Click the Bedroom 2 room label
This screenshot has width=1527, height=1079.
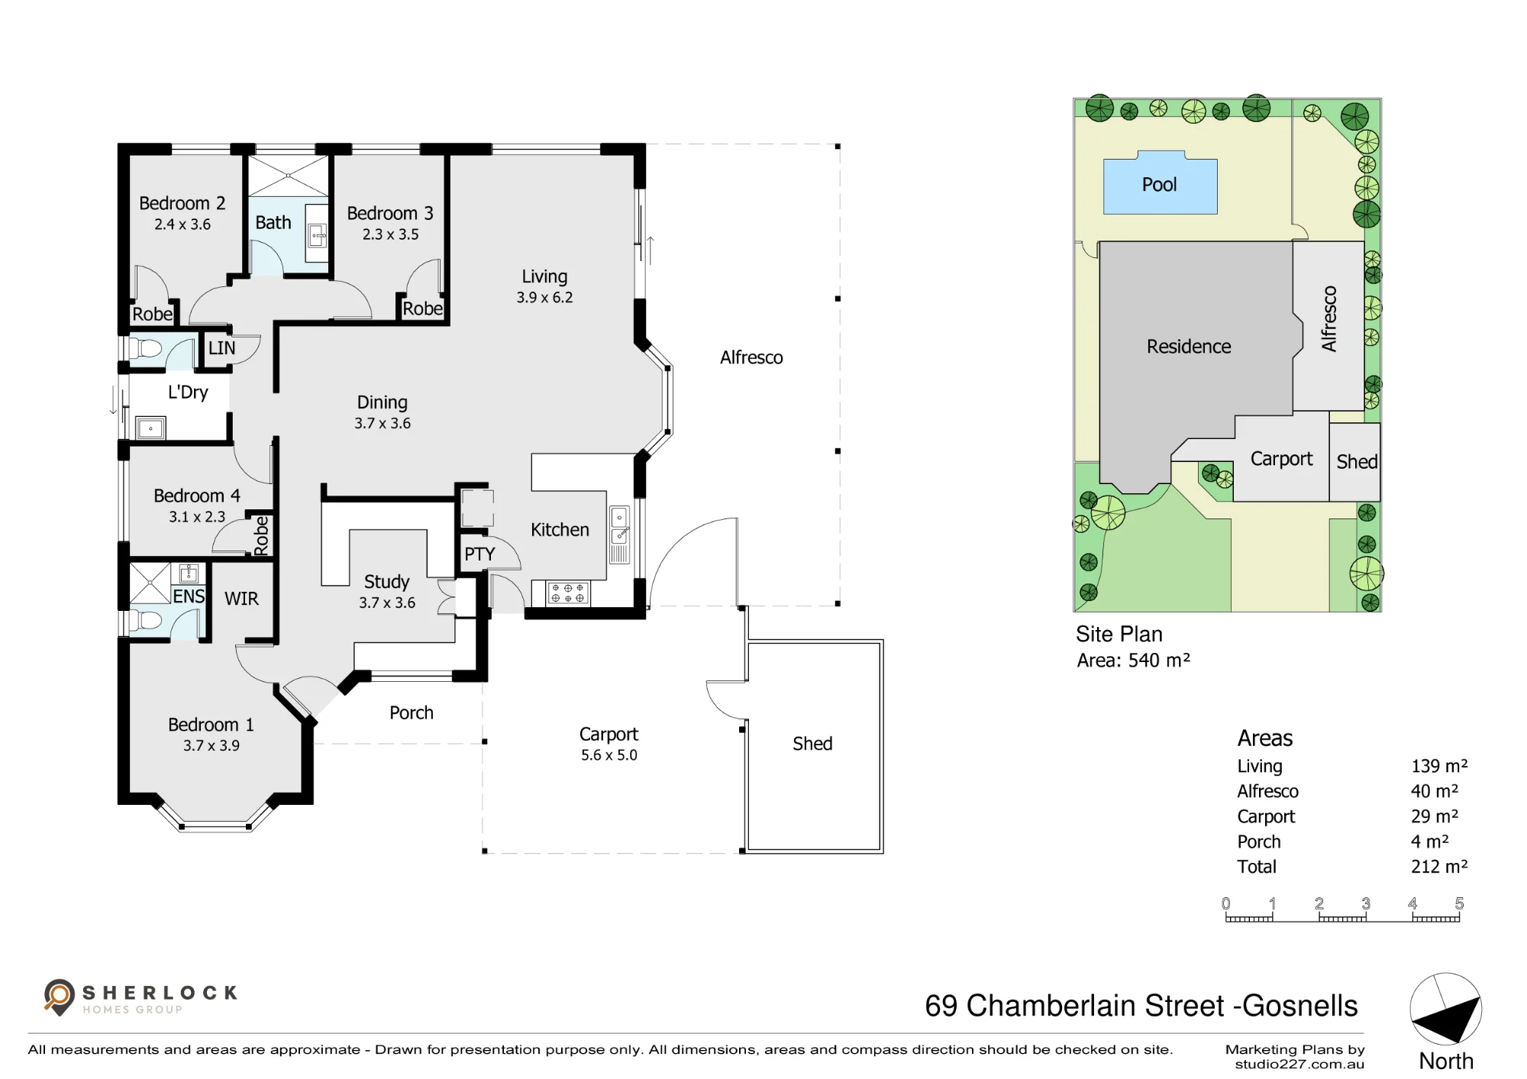click(182, 203)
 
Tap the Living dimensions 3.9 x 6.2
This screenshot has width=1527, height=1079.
click(544, 298)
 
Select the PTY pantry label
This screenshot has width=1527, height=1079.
click(479, 554)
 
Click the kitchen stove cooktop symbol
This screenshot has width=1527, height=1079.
click(568, 593)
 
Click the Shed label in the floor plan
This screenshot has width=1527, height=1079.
click(812, 744)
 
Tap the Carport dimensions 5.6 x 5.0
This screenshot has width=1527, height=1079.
click(609, 755)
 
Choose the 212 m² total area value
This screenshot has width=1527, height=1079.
click(1439, 867)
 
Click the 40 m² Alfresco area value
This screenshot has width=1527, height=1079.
click(1434, 791)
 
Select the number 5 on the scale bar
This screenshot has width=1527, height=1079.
click(1459, 903)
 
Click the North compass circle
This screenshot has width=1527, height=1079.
click(1445, 1009)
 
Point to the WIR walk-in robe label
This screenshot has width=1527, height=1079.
click(241, 599)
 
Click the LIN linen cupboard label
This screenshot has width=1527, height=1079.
click(221, 348)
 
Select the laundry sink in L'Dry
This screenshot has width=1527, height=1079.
click(150, 428)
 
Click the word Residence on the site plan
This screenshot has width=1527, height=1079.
click(1189, 347)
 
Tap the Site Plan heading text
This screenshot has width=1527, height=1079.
click(1119, 635)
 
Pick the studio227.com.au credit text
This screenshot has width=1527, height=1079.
click(1299, 1064)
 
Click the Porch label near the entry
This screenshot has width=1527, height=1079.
click(412, 712)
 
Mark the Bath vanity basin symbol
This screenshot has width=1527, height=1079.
click(317, 235)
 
